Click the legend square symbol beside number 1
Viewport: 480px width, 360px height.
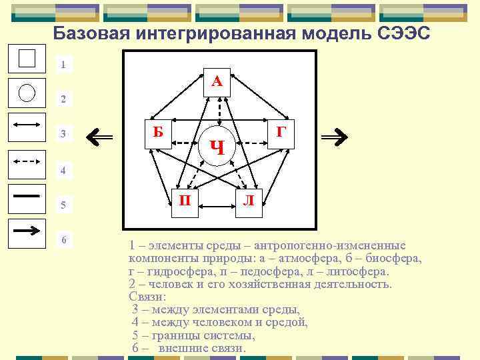(27, 58)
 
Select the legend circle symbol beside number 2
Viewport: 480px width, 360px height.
(27, 92)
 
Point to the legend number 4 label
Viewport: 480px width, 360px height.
(63, 171)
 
